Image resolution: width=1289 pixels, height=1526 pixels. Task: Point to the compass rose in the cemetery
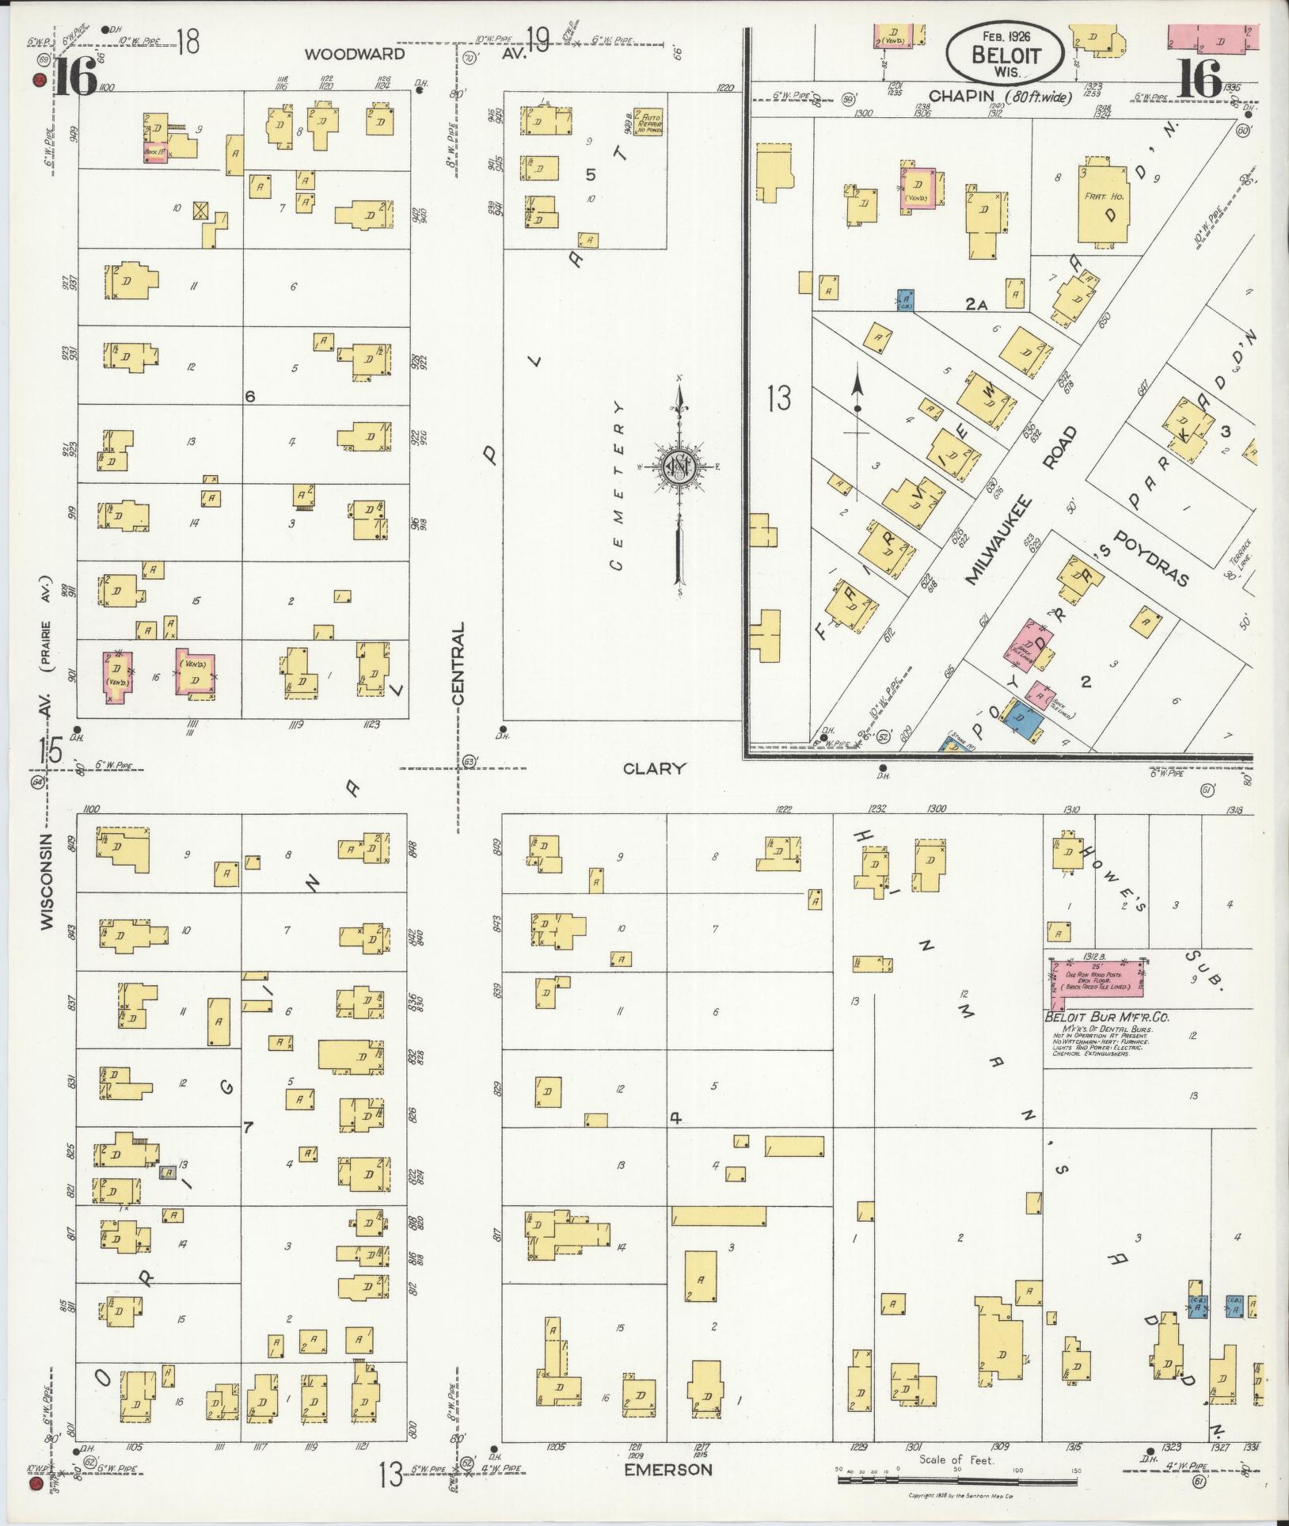[678, 466]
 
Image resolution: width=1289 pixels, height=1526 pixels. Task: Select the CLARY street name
[653, 768]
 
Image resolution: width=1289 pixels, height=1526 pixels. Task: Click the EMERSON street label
[667, 1470]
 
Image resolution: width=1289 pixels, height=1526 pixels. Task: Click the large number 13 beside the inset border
[779, 398]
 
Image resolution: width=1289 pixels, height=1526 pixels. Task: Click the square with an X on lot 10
[201, 210]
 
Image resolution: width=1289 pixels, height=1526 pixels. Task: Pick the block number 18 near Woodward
[188, 41]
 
